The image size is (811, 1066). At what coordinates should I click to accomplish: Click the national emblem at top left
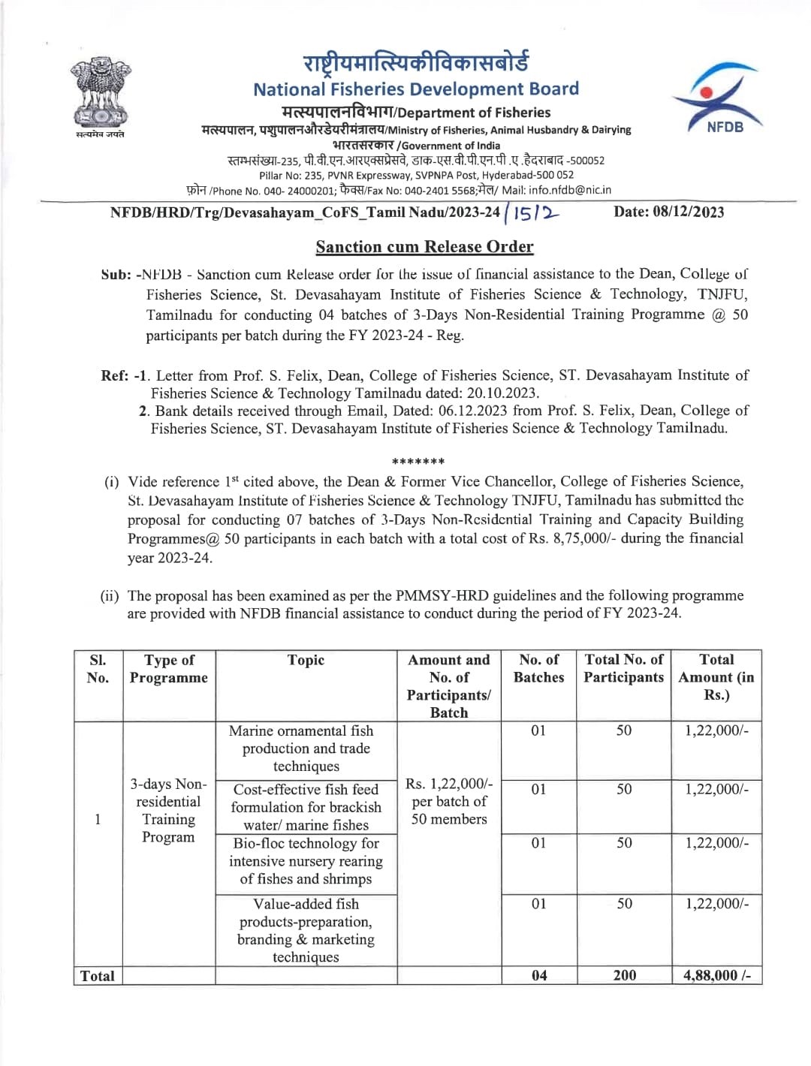point(100,94)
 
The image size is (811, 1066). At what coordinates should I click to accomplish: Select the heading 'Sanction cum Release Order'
point(424,247)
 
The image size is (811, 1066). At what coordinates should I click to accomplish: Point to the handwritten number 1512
point(534,213)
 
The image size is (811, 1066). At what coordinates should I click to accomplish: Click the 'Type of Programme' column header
point(169,669)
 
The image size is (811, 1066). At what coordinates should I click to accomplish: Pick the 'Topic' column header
point(306,661)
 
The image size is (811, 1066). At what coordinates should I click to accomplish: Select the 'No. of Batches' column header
point(538,669)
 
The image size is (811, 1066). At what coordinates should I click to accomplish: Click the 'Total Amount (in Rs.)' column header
point(716,677)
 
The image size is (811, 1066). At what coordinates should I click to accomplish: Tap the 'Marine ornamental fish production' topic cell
point(306,748)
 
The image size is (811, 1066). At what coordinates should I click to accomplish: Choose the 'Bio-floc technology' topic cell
point(306,861)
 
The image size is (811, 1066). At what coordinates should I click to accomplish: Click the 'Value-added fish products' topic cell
point(306,931)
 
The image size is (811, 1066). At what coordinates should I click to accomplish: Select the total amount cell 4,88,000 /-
point(716,975)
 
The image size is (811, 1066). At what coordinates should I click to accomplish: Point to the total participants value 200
point(624,975)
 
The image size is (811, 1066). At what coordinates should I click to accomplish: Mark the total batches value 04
point(539,975)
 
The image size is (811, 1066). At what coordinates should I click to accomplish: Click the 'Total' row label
point(98,976)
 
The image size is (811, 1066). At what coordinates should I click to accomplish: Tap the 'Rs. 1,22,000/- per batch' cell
point(449,802)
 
